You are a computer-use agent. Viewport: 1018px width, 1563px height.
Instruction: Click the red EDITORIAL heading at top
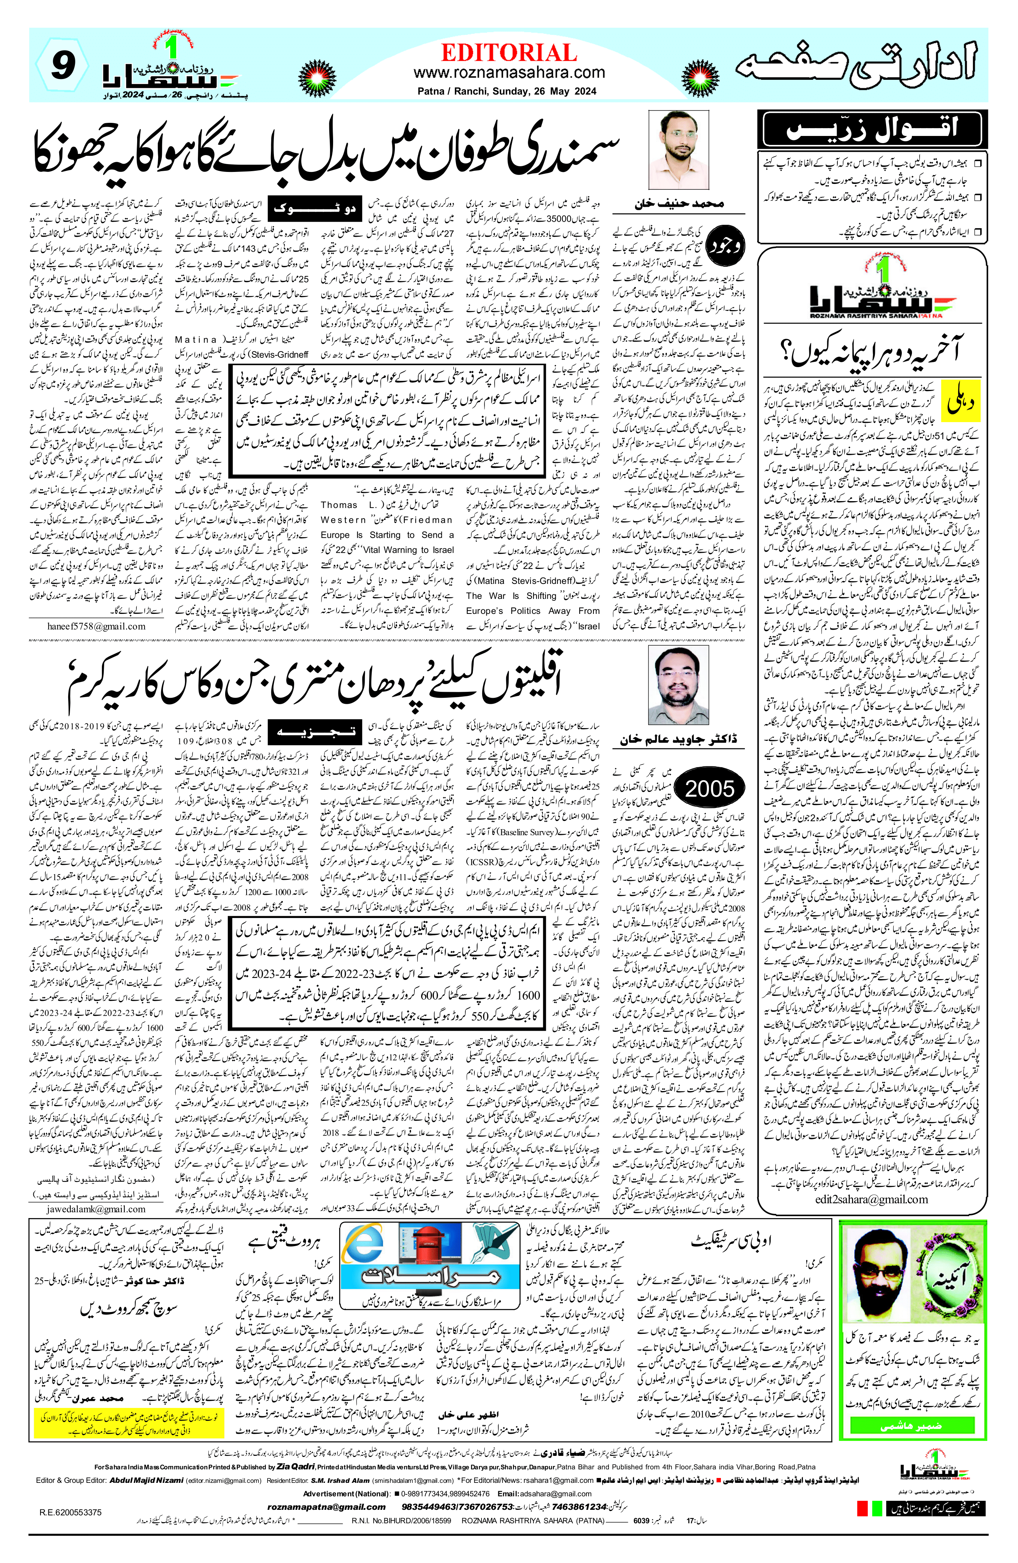509,52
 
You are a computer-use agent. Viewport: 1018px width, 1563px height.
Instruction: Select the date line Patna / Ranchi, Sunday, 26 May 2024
507,92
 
